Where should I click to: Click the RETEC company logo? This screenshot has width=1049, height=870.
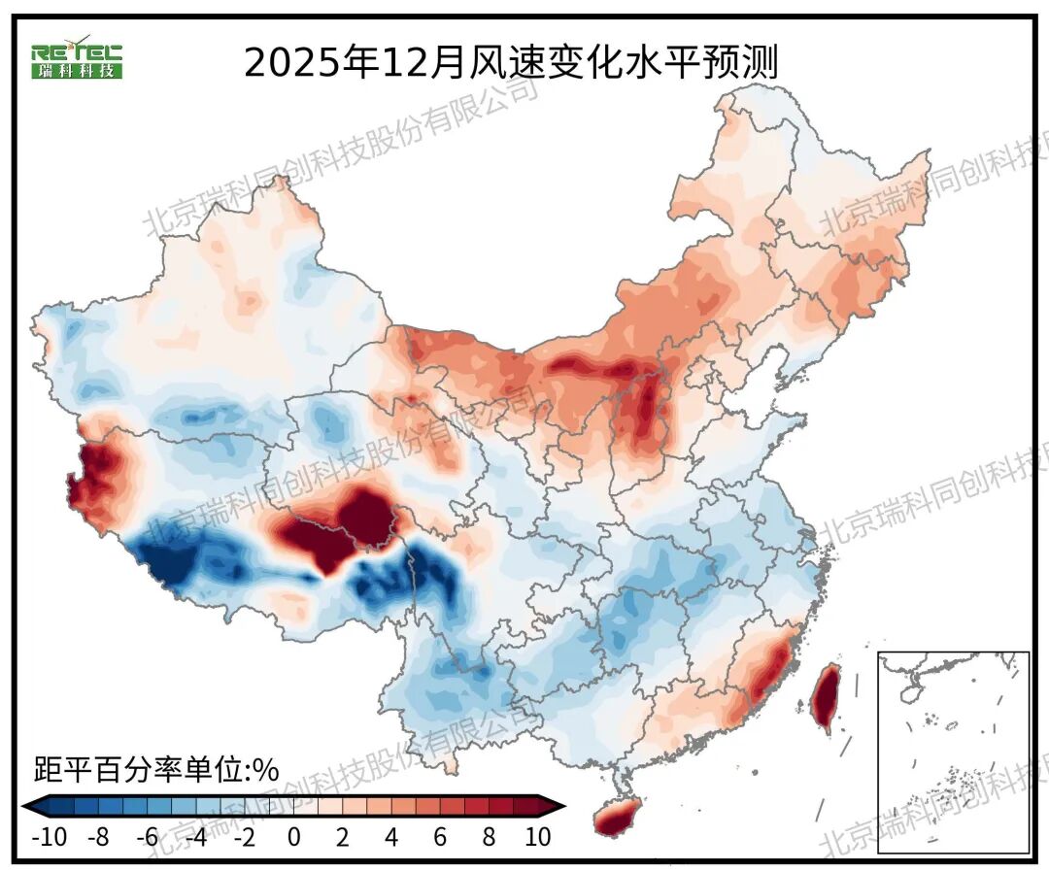[x=77, y=60]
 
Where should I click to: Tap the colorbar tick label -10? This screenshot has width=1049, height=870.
[x=50, y=837]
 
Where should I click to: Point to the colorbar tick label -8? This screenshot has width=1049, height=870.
[x=98, y=837]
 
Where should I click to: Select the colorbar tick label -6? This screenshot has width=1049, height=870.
[x=147, y=837]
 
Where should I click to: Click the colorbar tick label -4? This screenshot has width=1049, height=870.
[x=195, y=837]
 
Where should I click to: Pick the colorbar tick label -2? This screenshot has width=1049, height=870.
[x=244, y=837]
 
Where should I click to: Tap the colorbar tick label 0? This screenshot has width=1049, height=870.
[x=294, y=837]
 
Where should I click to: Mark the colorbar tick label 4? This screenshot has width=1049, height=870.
[x=391, y=837]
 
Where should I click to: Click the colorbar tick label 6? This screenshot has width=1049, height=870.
[x=440, y=837]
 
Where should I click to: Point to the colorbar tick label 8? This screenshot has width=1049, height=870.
[x=489, y=837]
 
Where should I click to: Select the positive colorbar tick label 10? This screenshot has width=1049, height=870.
[x=537, y=837]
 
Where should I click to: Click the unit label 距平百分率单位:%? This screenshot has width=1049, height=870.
[x=156, y=771]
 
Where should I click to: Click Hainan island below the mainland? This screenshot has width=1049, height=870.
[x=620, y=816]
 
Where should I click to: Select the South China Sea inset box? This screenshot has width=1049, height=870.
[x=953, y=753]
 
